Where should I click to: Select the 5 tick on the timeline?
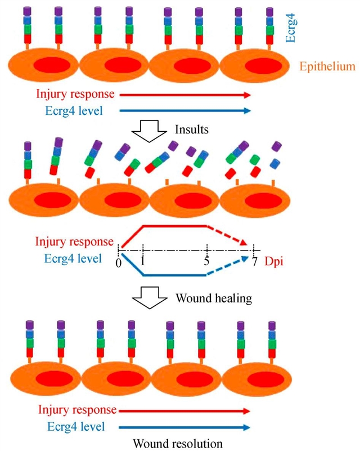coord(207,262)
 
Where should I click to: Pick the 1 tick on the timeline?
coord(143,262)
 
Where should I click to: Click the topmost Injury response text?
coord(74,95)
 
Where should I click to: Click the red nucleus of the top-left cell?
coord(50,65)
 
